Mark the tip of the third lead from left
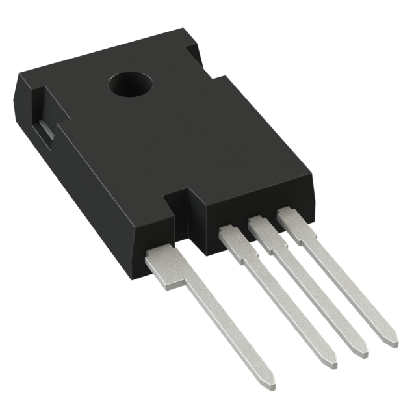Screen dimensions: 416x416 tap(363, 352)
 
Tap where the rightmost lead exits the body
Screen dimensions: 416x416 tap(290, 217)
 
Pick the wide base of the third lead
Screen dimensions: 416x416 tap(263, 233)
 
